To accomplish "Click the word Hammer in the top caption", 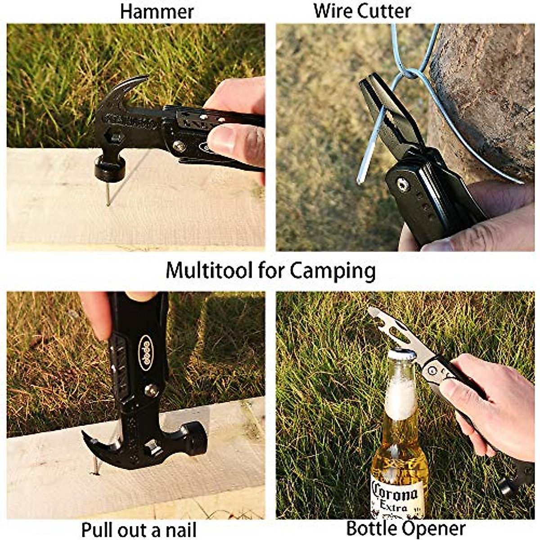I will coord(157,12).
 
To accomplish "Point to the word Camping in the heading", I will coord(332,272).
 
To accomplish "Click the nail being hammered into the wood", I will coord(108,193).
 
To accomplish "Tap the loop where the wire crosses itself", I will coord(410,73).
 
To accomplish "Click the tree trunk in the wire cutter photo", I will coord(486,90).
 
